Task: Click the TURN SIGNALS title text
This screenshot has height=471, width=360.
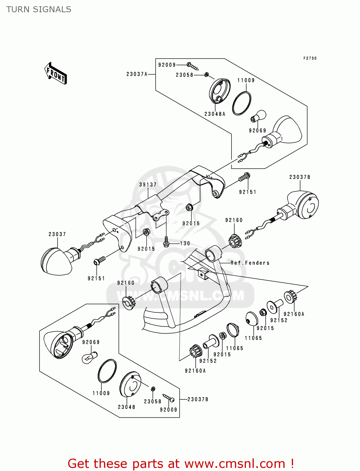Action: coord(39,9)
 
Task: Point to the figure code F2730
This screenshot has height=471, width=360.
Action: coord(310,58)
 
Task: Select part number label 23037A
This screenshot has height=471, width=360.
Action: coord(137,74)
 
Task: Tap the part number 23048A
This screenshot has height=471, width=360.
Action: coord(215,114)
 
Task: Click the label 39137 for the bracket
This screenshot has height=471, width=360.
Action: coord(148,185)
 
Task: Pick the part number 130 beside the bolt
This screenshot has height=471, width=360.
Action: coord(185,243)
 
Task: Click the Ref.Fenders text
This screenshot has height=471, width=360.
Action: coord(250,263)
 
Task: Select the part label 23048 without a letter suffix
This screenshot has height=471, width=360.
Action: coord(127,407)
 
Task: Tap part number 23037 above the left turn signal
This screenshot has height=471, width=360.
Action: coord(57,234)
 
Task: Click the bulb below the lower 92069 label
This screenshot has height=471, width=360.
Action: coord(89,357)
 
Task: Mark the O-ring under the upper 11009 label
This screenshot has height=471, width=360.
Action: coord(242,103)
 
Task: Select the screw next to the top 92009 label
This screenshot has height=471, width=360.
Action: coord(193,66)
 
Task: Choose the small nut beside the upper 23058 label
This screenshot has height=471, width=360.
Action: coord(207,74)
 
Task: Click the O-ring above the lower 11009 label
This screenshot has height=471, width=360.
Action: coord(107,371)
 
